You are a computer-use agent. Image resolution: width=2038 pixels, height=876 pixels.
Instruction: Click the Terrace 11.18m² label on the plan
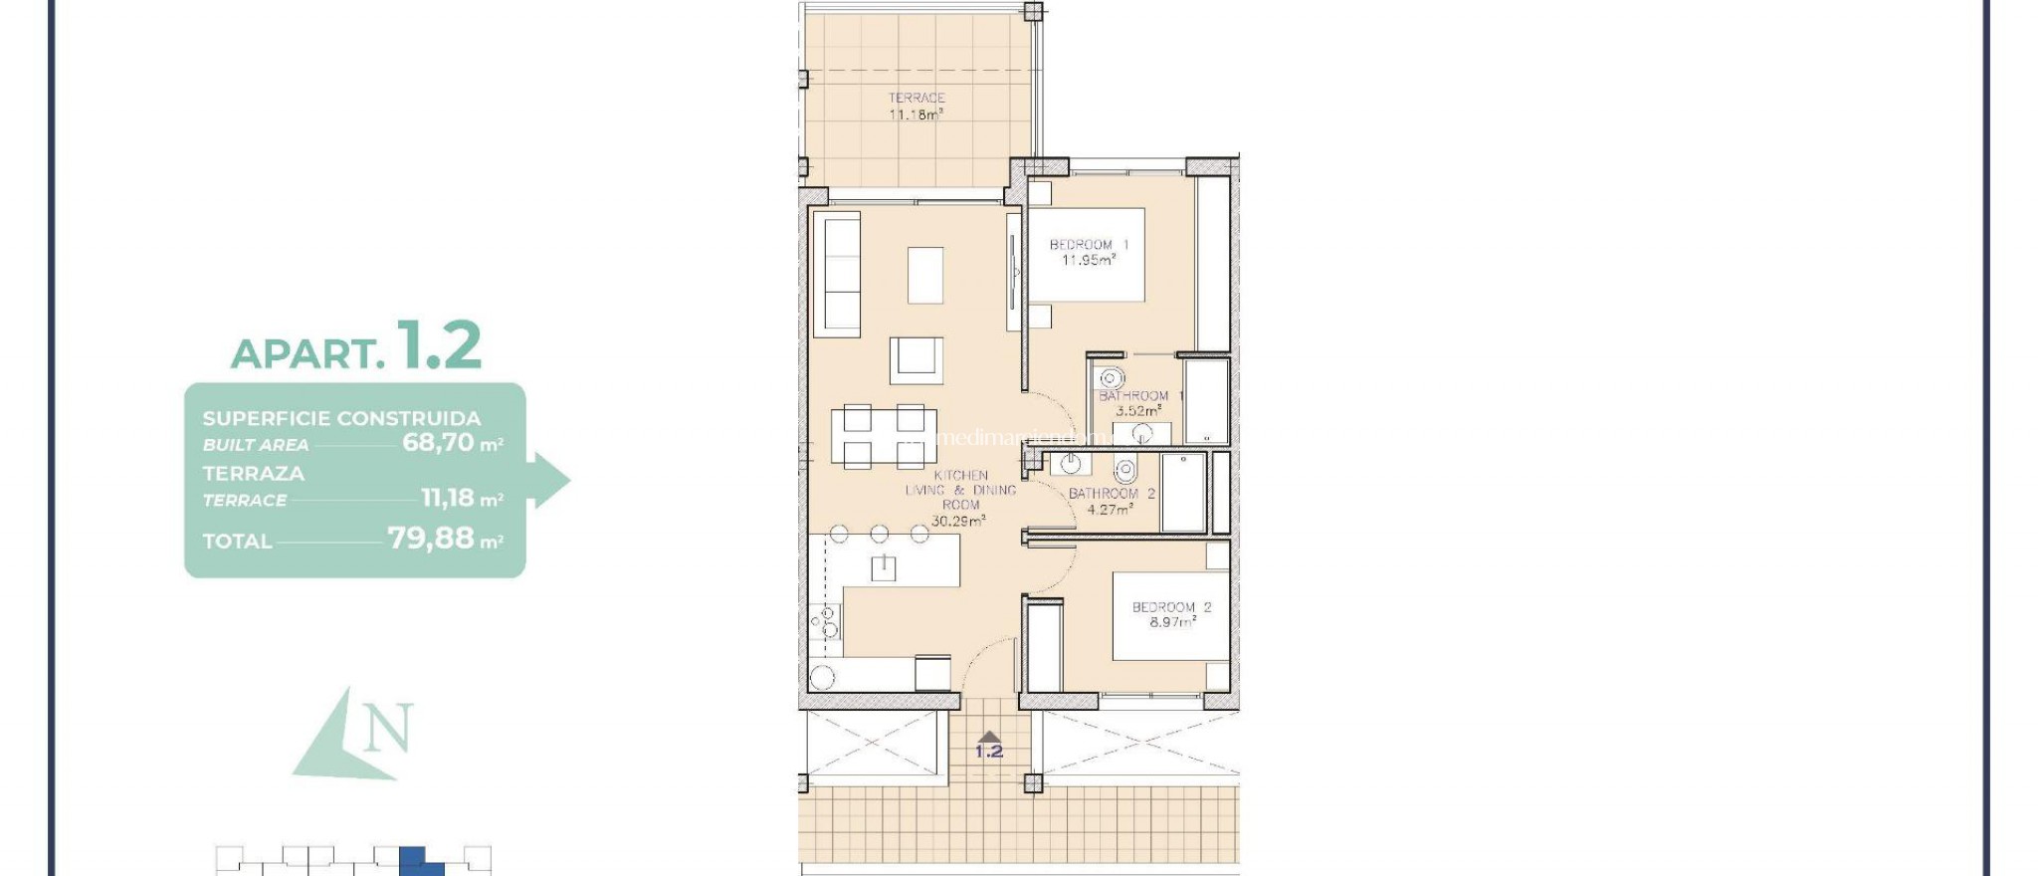tap(916, 106)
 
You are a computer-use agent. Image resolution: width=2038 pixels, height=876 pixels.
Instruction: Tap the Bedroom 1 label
tap(1089, 252)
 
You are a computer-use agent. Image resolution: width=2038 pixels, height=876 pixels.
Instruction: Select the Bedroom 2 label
tap(1171, 614)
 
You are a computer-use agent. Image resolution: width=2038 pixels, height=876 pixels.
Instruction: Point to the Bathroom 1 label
tap(1140, 402)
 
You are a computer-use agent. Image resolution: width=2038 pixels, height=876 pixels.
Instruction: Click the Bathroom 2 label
tap(1111, 501)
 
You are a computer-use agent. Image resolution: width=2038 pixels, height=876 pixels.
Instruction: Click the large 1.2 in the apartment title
tap(439, 345)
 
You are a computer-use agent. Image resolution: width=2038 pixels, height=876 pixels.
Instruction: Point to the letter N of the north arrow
tap(387, 729)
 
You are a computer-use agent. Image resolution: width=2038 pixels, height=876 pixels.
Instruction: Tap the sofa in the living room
tap(837, 274)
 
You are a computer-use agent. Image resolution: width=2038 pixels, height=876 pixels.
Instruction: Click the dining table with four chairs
tap(884, 436)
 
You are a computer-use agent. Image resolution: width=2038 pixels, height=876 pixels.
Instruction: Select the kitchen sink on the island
tap(883, 568)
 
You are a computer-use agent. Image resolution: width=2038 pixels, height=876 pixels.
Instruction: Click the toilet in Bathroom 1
tap(1112, 378)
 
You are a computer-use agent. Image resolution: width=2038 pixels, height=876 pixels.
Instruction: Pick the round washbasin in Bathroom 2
tap(1071, 464)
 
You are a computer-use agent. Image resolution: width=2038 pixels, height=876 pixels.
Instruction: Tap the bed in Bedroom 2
tap(1170, 615)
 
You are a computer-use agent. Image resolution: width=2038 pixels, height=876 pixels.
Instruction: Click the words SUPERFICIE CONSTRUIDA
tap(341, 418)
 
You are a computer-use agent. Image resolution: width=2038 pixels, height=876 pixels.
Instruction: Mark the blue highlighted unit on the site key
tap(415, 861)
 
